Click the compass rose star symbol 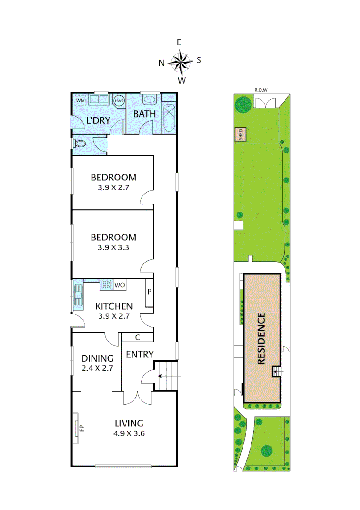pos(179,61)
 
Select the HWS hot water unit pos(118,100)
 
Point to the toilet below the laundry pos(79,144)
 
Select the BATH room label pos(142,114)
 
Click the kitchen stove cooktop pos(106,285)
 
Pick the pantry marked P pos(149,293)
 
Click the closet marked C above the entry pos(137,337)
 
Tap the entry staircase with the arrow pos(166,376)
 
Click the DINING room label pos(97,358)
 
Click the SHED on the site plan pos(240,135)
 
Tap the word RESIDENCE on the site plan pos(261,338)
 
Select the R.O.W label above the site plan pos(261,89)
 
